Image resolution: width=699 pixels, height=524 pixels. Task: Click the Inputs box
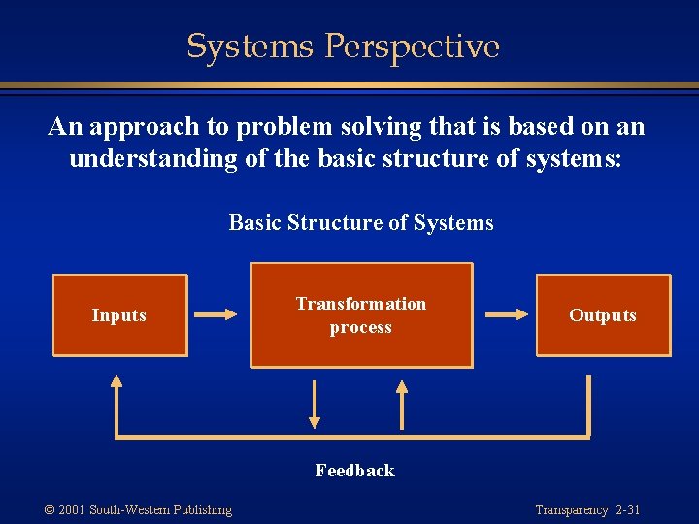click(118, 315)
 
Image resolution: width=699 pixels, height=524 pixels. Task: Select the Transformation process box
click(361, 315)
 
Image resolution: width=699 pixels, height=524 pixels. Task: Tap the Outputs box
click(603, 315)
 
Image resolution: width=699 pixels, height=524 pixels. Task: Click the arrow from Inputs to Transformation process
click(216, 314)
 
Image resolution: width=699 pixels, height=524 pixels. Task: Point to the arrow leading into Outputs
click(506, 314)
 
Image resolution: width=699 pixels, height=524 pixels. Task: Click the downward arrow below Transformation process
click(315, 404)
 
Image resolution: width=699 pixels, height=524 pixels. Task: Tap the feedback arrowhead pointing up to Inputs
click(116, 383)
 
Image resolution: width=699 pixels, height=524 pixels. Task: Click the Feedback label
click(355, 471)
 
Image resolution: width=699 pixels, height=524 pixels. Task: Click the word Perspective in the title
click(413, 47)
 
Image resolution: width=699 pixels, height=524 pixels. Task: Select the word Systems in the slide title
click(251, 47)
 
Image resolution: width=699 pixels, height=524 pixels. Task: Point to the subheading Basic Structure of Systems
click(361, 223)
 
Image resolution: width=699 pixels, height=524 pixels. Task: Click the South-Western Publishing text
click(160, 509)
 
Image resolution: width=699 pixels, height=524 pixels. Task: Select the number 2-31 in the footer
click(627, 509)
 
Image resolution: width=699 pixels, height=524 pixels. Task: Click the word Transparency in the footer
click(571, 509)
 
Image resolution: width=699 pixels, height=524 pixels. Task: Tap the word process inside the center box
click(361, 327)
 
